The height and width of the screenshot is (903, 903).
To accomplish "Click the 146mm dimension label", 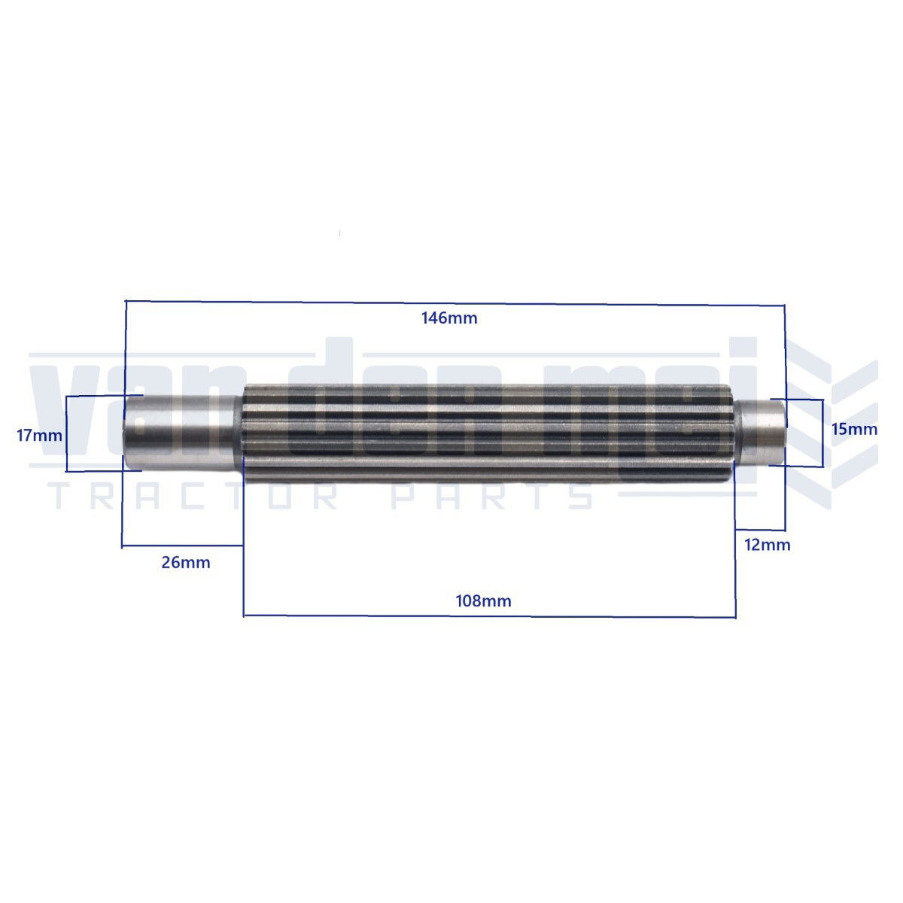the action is pos(449,318).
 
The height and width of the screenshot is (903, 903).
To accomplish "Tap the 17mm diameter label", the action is pos(39,436).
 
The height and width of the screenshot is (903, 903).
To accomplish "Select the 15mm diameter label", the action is pos(854,429).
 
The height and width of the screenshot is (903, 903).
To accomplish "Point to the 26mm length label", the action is pos(186,562).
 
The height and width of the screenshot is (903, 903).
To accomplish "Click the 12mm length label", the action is pos(768,545).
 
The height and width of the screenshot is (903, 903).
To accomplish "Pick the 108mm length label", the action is pos(483,601).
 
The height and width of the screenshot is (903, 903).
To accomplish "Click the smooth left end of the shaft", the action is pos(183,432).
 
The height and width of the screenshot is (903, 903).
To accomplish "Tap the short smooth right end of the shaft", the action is pos(759,432).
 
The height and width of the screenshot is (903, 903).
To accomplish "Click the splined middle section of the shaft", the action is pos(489,432).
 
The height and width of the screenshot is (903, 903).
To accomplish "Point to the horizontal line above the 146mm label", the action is pos(455,303).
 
